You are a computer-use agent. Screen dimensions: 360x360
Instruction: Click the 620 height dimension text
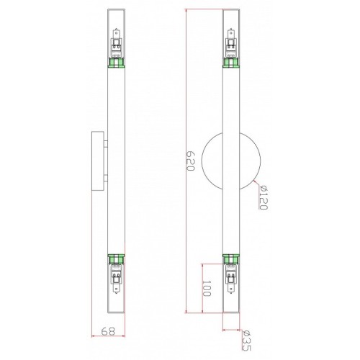point(190,161)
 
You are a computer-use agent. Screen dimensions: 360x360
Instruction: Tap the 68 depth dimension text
point(108,331)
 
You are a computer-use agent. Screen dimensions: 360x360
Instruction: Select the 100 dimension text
point(207,288)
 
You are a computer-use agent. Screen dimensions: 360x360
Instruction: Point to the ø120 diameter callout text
point(263,197)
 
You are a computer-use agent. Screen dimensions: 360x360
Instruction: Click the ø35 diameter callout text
point(246,341)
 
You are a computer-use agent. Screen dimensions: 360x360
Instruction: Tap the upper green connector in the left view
point(116,63)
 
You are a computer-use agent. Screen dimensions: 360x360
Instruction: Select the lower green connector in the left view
point(116,259)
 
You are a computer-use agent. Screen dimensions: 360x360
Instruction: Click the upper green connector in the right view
point(231,63)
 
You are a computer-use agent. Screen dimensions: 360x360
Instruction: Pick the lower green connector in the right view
point(231,259)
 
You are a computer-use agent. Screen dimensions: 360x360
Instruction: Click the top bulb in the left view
point(117,42)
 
